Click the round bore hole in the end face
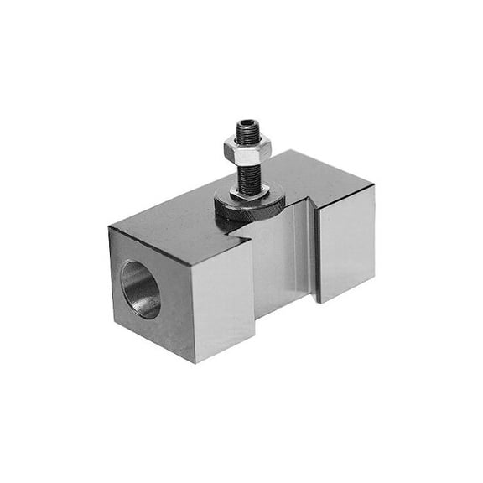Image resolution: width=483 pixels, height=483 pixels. pos(141,289)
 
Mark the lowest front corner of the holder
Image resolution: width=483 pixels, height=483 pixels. pos(195,362)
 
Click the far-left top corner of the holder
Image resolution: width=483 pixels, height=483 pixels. pos(109,227)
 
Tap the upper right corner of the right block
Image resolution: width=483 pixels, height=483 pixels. pos(374,185)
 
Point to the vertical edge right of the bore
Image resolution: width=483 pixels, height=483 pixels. pos(192,310)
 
